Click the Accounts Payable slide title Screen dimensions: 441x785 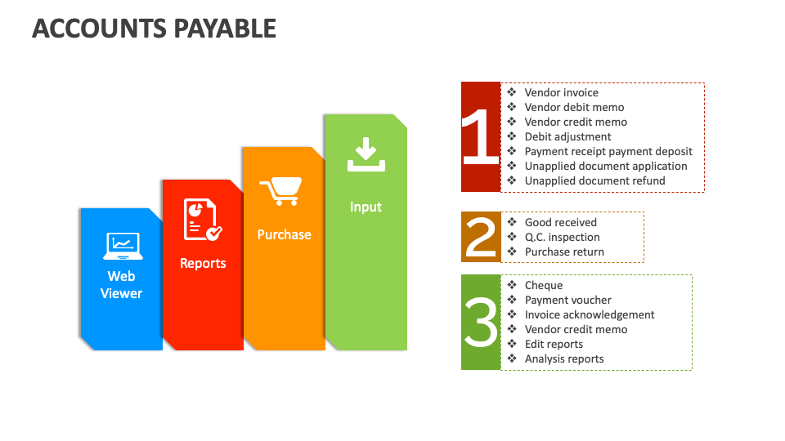coord(154,29)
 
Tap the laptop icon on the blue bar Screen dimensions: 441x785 coord(122,245)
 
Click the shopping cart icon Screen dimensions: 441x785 coord(280,191)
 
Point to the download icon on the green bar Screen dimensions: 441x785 coord(366,155)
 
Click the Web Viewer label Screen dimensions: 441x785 coord(121,285)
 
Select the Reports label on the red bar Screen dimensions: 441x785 coord(203,264)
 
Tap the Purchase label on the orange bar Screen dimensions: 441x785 coord(284,234)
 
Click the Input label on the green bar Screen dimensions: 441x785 coord(366,207)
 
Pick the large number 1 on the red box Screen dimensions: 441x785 coord(480,136)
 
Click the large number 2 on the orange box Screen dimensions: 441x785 coord(481,237)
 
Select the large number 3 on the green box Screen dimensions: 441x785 coord(481,322)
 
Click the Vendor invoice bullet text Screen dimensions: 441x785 coord(561,93)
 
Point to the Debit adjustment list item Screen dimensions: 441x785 coord(567,137)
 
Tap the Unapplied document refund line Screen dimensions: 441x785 coord(594,181)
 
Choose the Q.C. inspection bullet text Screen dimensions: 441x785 coord(562,238)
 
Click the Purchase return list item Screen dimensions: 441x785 coord(564,252)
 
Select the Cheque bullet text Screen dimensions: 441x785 coord(543,286)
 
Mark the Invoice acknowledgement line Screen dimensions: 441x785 coord(589,315)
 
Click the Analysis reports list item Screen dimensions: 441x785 coord(563,359)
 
